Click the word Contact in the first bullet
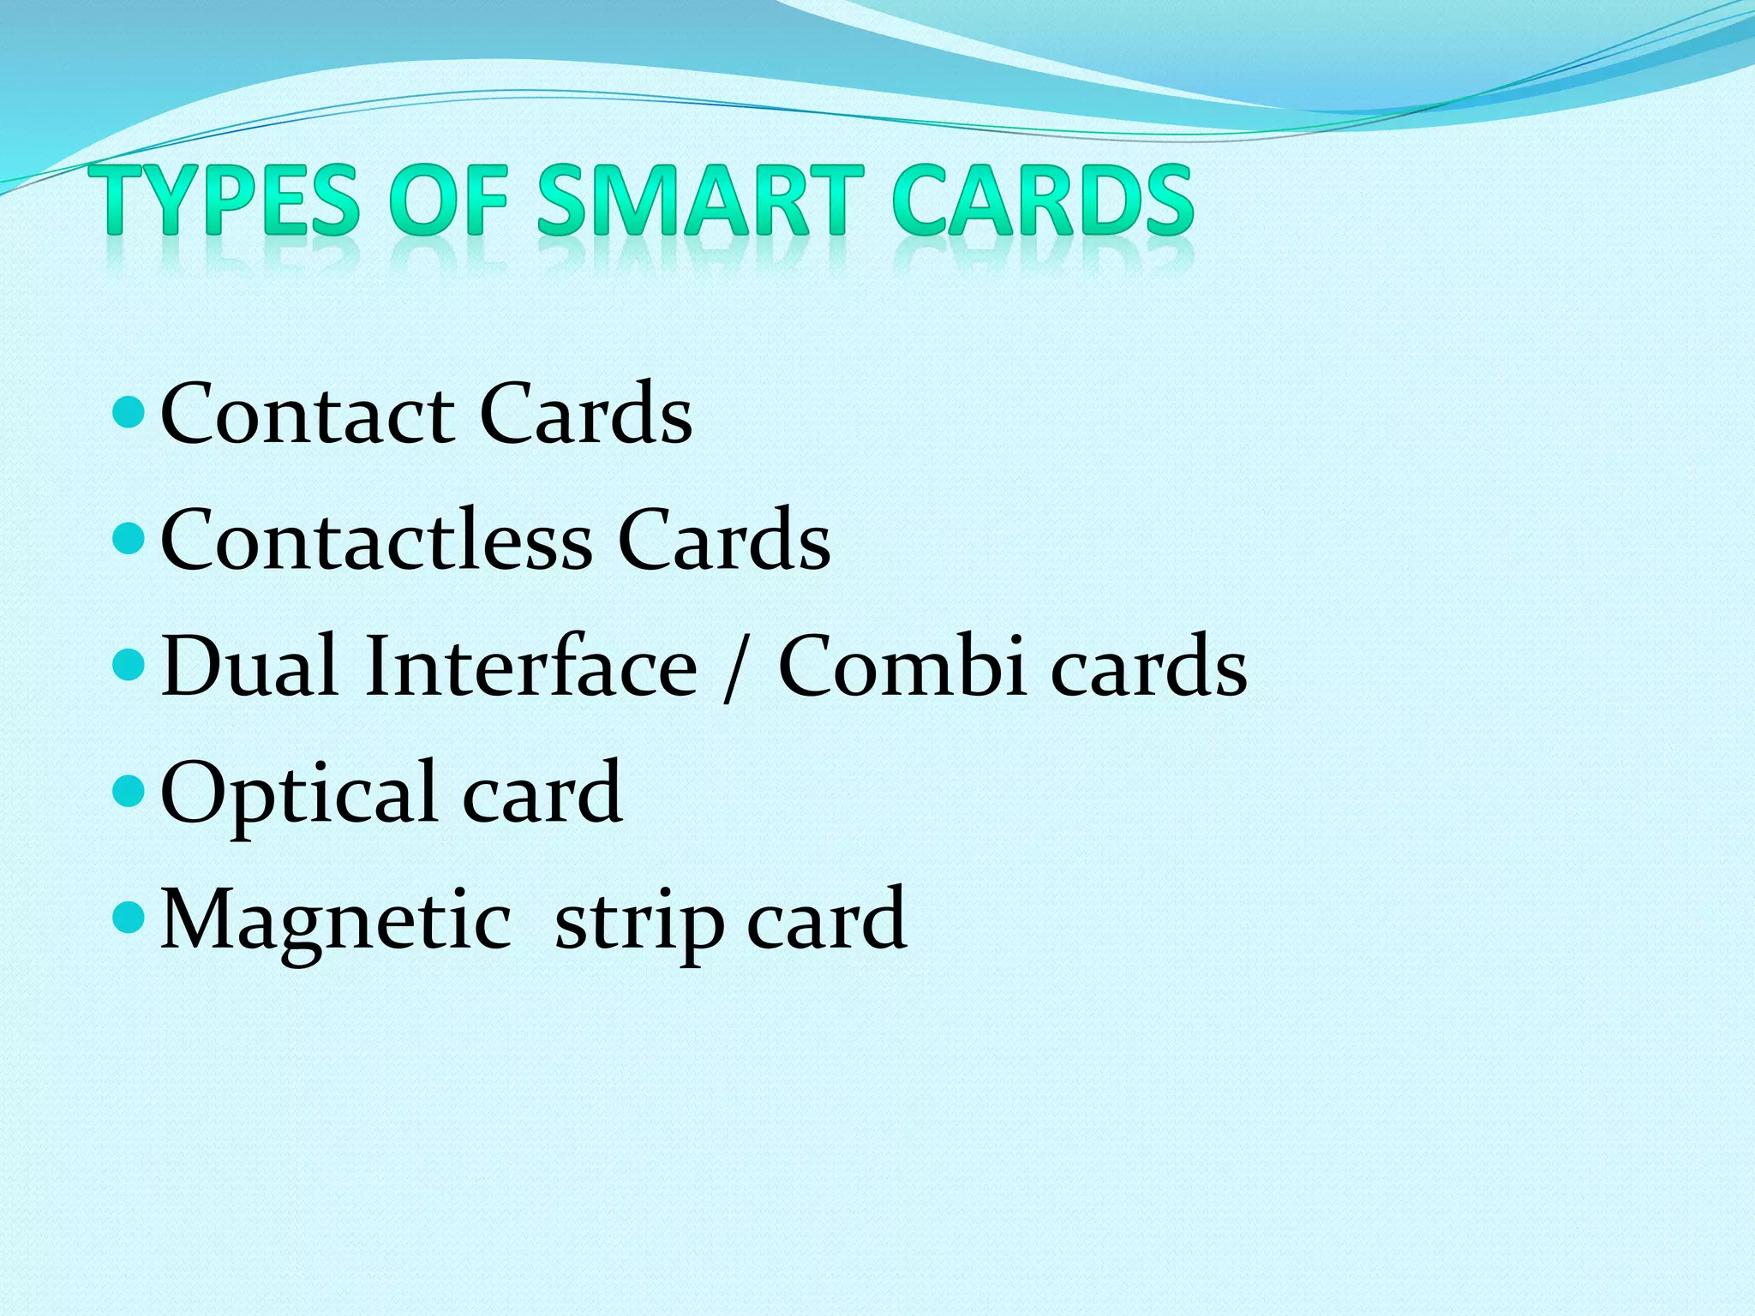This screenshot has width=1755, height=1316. point(307,415)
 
